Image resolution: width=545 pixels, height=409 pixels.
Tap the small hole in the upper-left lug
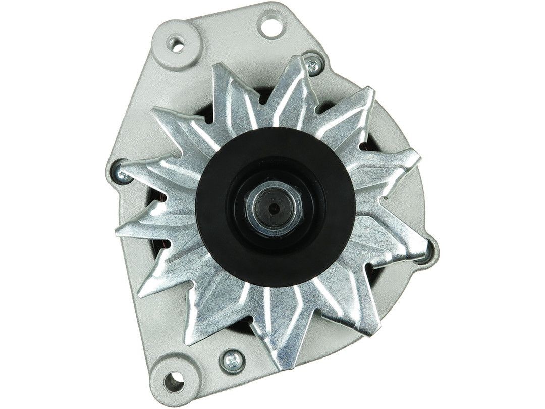point(177,45)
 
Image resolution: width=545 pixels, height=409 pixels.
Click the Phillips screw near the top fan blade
point(313,64)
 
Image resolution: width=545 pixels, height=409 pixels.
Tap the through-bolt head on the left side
point(122,174)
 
